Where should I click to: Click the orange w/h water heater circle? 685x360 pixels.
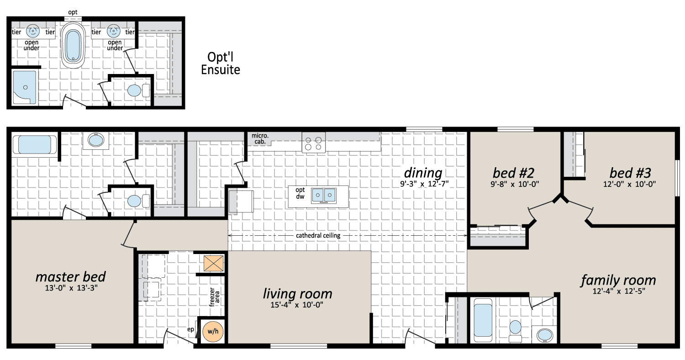click(213, 332)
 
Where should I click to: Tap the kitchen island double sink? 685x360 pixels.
click(324, 196)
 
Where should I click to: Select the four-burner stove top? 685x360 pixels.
click(313, 143)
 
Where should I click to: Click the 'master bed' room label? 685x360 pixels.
click(71, 277)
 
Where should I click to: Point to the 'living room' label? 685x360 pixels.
click(298, 294)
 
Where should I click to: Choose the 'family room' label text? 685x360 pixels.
click(618, 280)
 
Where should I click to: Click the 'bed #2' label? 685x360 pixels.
click(513, 173)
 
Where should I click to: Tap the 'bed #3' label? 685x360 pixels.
click(630, 173)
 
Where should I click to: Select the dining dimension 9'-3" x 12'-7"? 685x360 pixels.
click(424, 184)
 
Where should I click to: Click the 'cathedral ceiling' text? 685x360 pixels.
click(318, 236)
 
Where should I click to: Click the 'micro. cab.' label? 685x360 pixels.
click(260, 138)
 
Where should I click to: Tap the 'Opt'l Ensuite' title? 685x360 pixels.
click(221, 64)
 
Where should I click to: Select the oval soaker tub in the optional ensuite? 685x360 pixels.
click(73, 45)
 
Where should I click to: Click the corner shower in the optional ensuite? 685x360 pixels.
click(25, 87)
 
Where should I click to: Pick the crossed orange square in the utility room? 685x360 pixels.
click(213, 263)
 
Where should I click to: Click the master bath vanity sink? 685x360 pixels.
click(96, 140)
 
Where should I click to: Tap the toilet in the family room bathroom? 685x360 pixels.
click(515, 331)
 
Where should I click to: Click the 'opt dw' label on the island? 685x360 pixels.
click(300, 193)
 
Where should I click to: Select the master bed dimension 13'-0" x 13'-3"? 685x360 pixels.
click(71, 288)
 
